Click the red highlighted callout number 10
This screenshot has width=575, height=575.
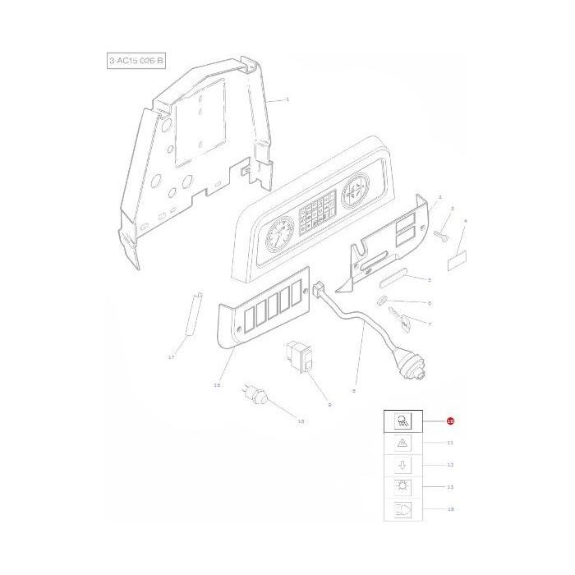[x=450, y=421]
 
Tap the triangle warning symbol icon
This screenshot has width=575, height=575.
[x=402, y=443]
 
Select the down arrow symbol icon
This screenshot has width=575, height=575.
[x=402, y=465]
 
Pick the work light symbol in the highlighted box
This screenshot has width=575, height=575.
[x=402, y=421]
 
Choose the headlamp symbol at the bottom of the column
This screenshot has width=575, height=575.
[x=402, y=509]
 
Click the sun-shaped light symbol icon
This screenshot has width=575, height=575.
[x=402, y=487]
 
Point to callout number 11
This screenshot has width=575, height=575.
[x=450, y=443]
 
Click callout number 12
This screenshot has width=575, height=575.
[x=450, y=465]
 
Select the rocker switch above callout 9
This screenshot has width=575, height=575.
[x=298, y=360]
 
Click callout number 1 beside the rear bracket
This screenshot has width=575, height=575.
[x=287, y=99]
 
